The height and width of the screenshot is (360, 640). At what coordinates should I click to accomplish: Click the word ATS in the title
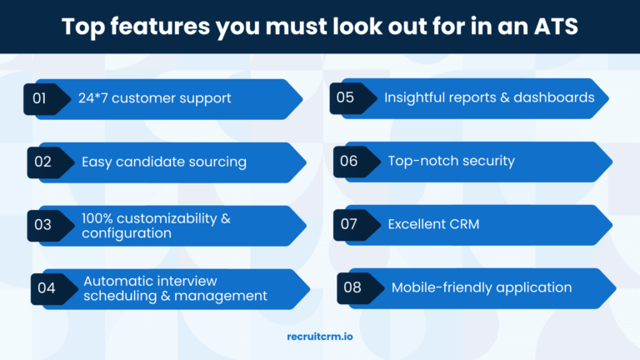pos(556,27)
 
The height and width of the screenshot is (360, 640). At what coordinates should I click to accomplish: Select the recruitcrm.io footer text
pos(320,337)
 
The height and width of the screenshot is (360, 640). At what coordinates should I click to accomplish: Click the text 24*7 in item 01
pos(92,98)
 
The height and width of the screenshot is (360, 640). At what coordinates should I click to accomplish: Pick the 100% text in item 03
pos(97,218)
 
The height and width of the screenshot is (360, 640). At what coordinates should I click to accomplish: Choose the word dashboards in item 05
pos(554,97)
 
